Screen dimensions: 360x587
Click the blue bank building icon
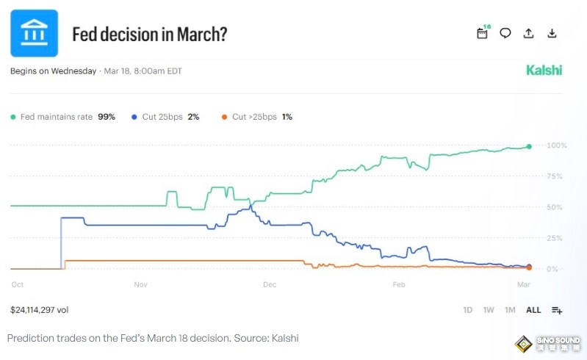pyautogui.click(x=34, y=33)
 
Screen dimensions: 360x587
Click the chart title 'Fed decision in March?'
pyautogui.click(x=149, y=35)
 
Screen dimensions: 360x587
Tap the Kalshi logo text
pyautogui.click(x=544, y=71)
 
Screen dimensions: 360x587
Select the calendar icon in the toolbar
pyautogui.click(x=483, y=33)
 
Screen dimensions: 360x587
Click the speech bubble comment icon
pyautogui.click(x=505, y=33)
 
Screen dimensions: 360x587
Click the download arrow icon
pyautogui.click(x=552, y=33)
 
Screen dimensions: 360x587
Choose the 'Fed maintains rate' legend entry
pyautogui.click(x=62, y=117)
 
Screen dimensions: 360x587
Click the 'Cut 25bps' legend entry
pyautogui.click(x=165, y=117)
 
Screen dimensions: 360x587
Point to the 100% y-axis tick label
pyautogui.click(x=557, y=145)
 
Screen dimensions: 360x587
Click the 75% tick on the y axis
pyautogui.click(x=557, y=176)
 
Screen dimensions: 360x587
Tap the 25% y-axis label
pyautogui.click(x=557, y=238)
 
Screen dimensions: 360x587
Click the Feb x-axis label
pyautogui.click(x=399, y=284)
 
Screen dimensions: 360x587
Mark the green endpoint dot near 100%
pyautogui.click(x=529, y=147)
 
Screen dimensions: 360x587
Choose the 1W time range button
pyautogui.click(x=489, y=310)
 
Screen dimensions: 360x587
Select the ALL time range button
pyautogui.click(x=533, y=310)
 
